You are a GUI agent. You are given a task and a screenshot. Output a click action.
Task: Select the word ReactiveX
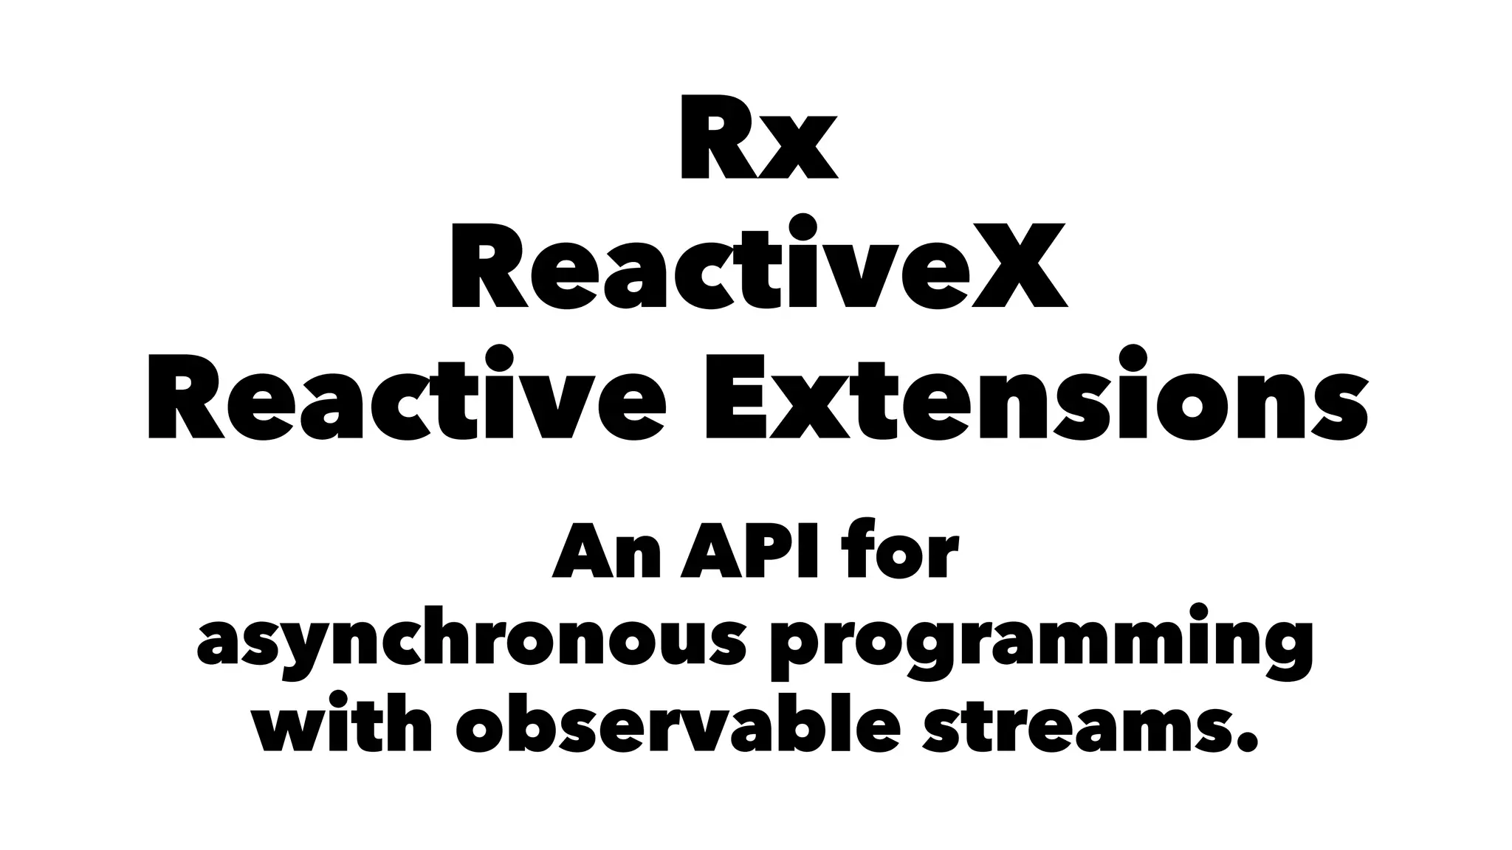coord(758,266)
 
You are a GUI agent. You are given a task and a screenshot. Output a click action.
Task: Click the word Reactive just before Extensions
coord(407,398)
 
